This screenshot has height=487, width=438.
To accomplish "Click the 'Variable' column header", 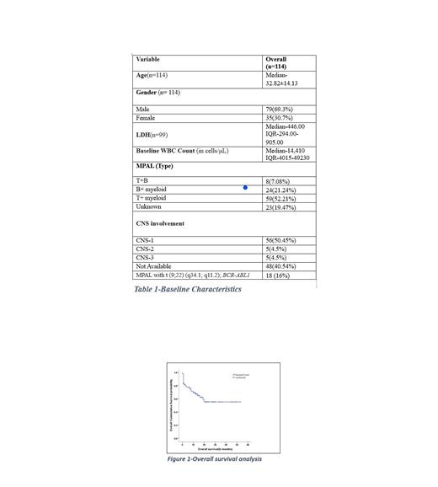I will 147,60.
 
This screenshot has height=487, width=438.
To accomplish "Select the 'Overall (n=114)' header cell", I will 276,63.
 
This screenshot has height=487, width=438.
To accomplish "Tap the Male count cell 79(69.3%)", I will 280,110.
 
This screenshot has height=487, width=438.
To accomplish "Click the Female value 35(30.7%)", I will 280,118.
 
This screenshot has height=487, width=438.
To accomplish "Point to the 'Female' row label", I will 146,118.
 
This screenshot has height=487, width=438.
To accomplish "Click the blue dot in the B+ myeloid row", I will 245,188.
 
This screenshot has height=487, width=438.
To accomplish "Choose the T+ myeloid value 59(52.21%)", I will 281,198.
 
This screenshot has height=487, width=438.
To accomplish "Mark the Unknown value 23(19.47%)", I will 281,206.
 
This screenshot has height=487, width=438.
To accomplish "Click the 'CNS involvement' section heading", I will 160,223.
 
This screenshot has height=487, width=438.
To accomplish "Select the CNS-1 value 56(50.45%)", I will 281,240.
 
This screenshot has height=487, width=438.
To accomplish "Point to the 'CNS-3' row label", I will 145,257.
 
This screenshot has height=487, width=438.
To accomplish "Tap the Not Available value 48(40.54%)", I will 281,265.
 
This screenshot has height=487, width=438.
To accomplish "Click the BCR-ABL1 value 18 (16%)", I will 277,275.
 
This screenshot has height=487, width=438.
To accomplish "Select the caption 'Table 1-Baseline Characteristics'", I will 188,289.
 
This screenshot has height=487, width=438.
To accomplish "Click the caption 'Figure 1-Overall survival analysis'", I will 215,459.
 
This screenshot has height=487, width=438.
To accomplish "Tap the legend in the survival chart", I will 241,377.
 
